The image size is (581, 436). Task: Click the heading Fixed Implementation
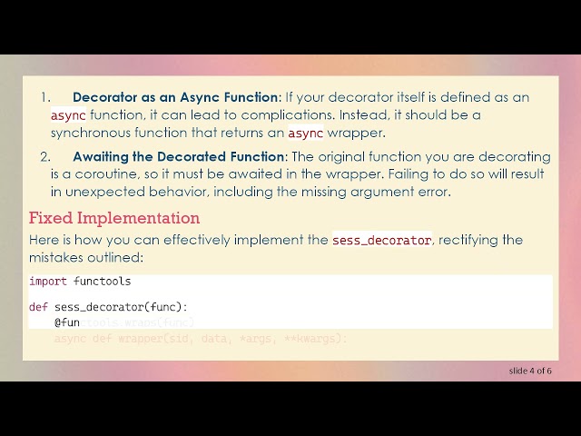(x=114, y=218)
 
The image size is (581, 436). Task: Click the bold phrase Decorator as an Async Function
(x=175, y=97)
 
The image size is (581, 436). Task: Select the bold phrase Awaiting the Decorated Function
(x=179, y=156)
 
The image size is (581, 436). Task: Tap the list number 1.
(x=46, y=97)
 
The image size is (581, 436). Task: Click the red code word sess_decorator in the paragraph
(x=381, y=240)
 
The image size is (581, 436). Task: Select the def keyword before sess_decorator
(x=38, y=307)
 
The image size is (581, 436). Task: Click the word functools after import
(x=103, y=282)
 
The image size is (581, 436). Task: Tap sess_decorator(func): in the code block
(x=121, y=307)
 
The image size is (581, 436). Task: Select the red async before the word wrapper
(x=306, y=134)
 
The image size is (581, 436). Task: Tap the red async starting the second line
(x=68, y=115)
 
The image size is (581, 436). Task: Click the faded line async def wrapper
(x=200, y=339)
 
